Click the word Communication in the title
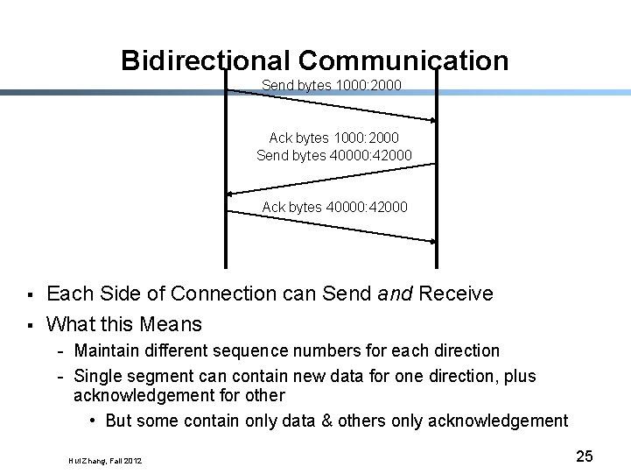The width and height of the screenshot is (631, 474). [403, 60]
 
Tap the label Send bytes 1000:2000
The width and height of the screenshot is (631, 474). [331, 85]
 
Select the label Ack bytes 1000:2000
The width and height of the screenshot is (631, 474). [333, 138]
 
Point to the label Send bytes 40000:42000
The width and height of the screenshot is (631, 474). [333, 156]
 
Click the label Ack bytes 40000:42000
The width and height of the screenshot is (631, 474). [334, 208]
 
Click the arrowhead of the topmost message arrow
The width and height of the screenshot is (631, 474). [432, 120]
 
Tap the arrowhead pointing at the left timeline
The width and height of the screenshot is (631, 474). [230, 192]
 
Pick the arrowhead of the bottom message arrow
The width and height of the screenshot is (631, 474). [432, 240]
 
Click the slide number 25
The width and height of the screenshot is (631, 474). [584, 456]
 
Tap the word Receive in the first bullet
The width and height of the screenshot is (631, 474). [456, 294]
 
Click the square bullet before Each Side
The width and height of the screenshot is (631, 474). [30, 294]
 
